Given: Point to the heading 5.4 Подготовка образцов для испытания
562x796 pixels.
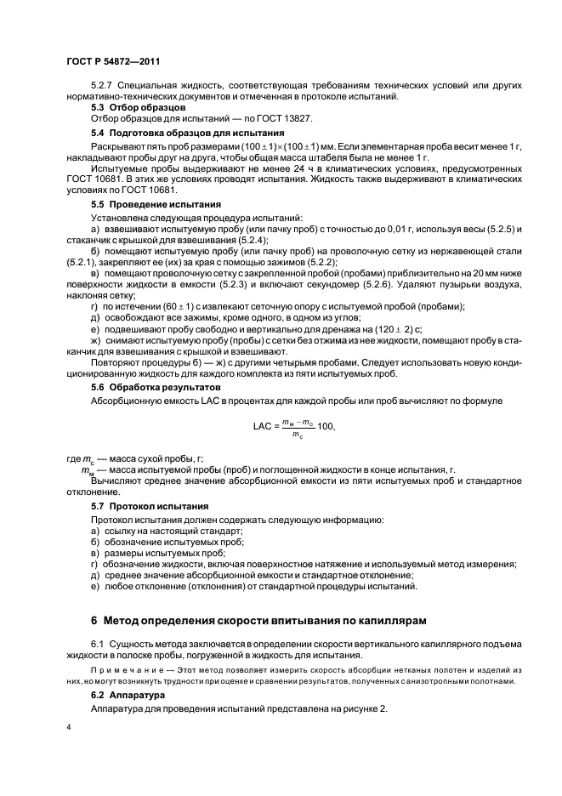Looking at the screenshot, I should coord(188,133).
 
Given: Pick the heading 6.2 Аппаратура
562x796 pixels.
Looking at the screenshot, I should coord(128,695).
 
